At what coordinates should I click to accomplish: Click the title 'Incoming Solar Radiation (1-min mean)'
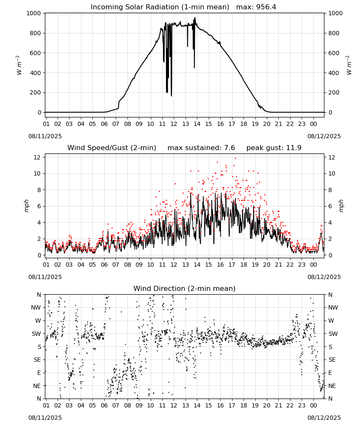point(160,7)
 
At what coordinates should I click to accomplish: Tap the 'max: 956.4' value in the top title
point(256,7)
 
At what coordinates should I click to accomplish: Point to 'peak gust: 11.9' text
point(274,148)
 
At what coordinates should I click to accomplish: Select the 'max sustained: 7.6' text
point(201,148)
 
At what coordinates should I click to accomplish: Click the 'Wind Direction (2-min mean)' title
point(185,288)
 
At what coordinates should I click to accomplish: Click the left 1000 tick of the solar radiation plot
point(33,13)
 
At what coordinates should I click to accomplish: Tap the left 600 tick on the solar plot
point(36,53)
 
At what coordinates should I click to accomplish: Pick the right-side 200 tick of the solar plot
point(334,92)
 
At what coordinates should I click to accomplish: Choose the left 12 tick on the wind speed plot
point(37,157)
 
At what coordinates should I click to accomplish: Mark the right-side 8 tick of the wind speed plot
point(330,190)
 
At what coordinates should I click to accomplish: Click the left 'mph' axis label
point(26,206)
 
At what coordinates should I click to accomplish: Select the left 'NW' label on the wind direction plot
point(36,308)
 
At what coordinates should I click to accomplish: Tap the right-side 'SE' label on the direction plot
point(332,360)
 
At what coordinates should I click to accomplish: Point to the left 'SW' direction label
point(36,334)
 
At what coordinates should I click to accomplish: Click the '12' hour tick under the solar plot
point(174,124)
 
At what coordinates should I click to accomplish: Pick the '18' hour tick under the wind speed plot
point(244,265)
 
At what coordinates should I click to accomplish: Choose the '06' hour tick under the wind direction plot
point(104,405)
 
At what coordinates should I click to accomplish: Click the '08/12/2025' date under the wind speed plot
point(324,277)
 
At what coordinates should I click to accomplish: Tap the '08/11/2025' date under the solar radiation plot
point(45,137)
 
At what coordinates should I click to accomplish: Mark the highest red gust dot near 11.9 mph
point(235,159)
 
